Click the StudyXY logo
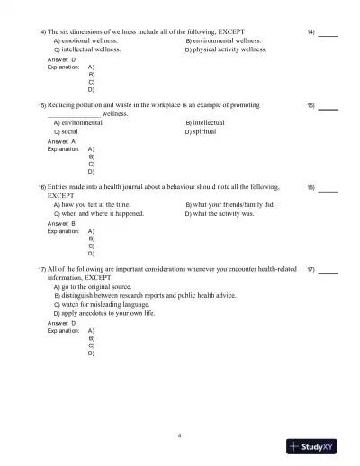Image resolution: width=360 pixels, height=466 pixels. (320, 445)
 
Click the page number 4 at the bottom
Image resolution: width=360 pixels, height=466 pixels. (180, 435)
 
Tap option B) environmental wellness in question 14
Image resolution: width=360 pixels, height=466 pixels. (223, 40)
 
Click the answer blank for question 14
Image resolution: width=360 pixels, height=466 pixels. (328, 34)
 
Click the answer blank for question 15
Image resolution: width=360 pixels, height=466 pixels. (328, 108)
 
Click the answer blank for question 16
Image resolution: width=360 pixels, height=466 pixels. (328, 191)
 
